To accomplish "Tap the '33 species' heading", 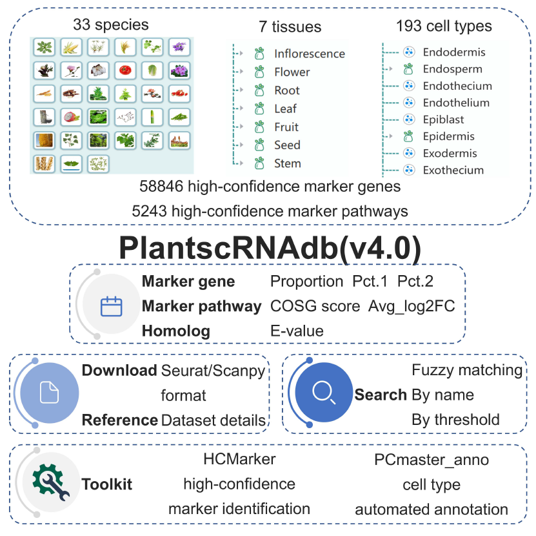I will click(x=111, y=25).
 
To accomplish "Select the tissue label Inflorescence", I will click(x=309, y=54).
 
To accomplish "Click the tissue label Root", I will click(x=287, y=90).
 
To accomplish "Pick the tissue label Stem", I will click(x=287, y=163).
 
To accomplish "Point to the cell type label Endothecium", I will click(x=457, y=86).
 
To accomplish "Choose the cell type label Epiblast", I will click(x=443, y=119).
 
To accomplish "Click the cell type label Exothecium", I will click(x=453, y=170).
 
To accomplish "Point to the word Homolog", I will click(x=176, y=331).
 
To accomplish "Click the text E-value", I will click(x=297, y=331).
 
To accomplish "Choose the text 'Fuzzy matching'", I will click(x=467, y=370).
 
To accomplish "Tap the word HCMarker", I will click(x=239, y=459).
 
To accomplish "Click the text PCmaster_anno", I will click(x=432, y=460).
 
